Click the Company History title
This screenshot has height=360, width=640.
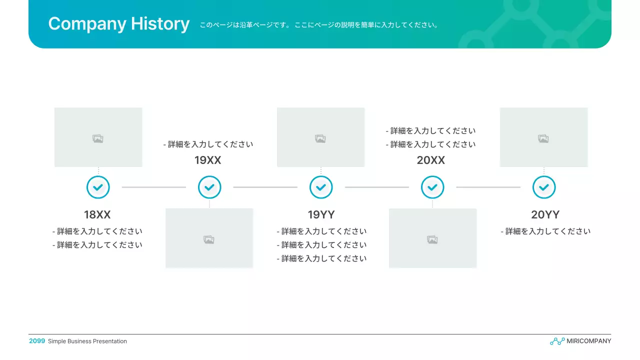point(118,24)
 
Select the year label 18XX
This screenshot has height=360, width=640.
point(97,215)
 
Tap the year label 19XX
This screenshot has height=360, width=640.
point(208,160)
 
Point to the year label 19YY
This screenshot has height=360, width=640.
point(321,215)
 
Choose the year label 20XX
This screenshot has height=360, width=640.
point(431,160)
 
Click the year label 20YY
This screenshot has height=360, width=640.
point(545,215)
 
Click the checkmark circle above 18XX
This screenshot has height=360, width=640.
point(98,187)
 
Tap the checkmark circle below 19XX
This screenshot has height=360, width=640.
point(209,187)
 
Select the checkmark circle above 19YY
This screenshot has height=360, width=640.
point(321,187)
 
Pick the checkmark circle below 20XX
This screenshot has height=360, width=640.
point(432,187)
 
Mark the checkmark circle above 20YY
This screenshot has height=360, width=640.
point(544,187)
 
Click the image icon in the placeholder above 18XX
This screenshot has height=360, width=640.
point(98,138)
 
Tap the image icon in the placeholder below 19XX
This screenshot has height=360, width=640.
point(209,240)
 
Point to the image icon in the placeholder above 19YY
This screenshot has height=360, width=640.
point(320,138)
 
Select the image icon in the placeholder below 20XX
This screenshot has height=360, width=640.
point(432,240)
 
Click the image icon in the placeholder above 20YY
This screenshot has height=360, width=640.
point(543,138)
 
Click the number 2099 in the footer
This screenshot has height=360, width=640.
point(37,341)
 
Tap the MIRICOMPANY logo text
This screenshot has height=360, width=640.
point(588,341)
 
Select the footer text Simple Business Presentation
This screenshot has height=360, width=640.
point(87,341)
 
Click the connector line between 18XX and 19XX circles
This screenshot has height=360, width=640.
point(154,187)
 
